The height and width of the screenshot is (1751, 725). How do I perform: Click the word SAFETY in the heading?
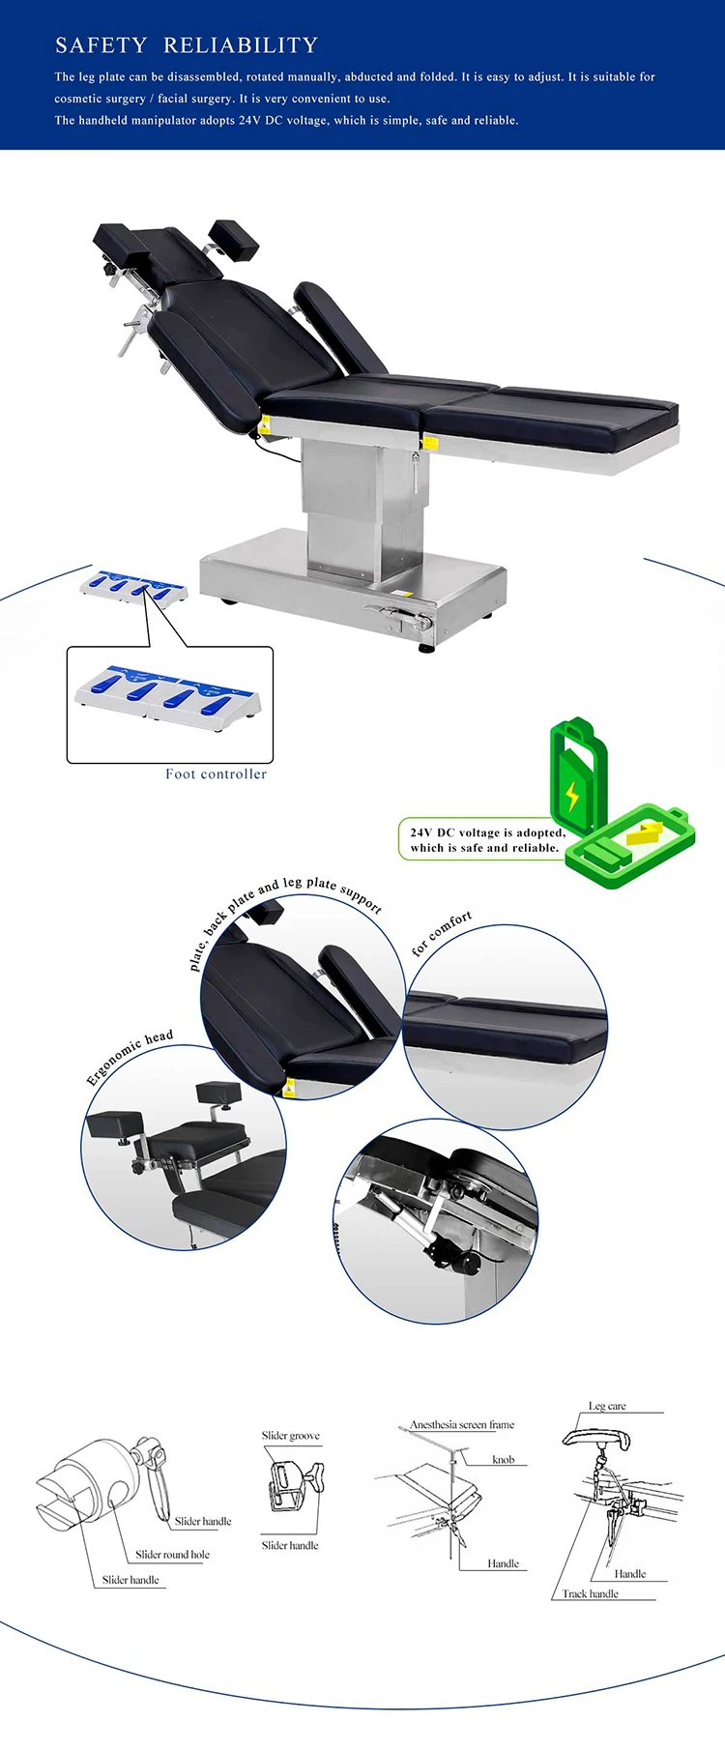pyautogui.click(x=101, y=45)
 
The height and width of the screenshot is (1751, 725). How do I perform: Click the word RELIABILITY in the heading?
pyautogui.click(x=241, y=45)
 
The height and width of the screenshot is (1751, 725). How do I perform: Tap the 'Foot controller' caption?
pyautogui.click(x=216, y=773)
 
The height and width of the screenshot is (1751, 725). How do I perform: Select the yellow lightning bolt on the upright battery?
pyautogui.click(x=572, y=796)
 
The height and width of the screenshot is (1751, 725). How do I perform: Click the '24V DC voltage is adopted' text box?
pyautogui.click(x=486, y=839)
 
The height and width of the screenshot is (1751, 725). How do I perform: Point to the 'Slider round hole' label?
pyautogui.click(x=172, y=1555)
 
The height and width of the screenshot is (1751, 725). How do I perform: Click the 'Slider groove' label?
pyautogui.click(x=290, y=1436)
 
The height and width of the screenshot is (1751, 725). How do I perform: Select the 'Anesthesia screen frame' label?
pyautogui.click(x=462, y=1424)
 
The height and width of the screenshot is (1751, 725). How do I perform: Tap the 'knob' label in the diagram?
pyautogui.click(x=503, y=1460)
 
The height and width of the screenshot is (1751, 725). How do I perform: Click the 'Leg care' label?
pyautogui.click(x=607, y=1406)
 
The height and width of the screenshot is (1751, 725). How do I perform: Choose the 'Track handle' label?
pyautogui.click(x=590, y=1593)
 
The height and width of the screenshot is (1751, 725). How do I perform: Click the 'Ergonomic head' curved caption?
pyautogui.click(x=130, y=1056)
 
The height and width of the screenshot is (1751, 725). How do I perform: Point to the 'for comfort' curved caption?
pyautogui.click(x=442, y=932)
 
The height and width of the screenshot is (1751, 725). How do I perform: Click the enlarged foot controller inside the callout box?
pyautogui.click(x=167, y=692)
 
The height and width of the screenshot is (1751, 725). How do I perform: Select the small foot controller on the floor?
pyautogui.click(x=133, y=587)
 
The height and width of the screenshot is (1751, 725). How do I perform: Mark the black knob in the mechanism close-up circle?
pyautogui.click(x=468, y=1263)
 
